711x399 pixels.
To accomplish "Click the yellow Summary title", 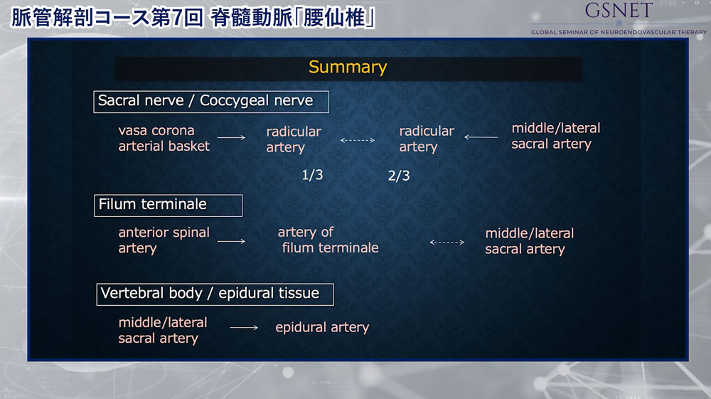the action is [x=348, y=67].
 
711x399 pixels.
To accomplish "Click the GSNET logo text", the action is [x=619, y=11].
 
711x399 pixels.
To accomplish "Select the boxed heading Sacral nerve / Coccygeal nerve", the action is [x=211, y=102].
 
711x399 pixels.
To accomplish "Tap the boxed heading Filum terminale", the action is [x=169, y=206].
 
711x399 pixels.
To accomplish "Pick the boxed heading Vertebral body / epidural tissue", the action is [x=215, y=294].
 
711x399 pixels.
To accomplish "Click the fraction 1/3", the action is [x=312, y=175].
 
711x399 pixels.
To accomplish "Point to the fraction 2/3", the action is [x=399, y=176].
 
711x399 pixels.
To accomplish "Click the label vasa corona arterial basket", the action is [x=164, y=138].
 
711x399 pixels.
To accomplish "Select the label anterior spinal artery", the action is [x=164, y=240].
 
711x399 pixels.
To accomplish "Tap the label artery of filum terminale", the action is [x=328, y=240].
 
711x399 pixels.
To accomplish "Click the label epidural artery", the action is [x=322, y=327].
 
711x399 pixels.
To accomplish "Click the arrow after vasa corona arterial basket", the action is [x=231, y=137].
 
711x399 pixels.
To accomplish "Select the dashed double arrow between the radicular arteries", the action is [x=358, y=140].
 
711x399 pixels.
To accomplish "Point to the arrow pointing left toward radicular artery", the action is [x=481, y=137].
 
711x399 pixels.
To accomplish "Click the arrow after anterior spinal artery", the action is [x=231, y=241].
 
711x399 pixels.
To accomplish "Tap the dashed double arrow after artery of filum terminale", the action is [x=447, y=242].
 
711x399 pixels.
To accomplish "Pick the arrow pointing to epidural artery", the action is [x=244, y=327].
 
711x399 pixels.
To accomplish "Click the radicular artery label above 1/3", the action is [x=294, y=139].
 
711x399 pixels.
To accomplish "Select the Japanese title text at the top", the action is [x=193, y=18].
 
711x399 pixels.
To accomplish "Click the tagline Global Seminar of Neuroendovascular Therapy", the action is [x=619, y=32].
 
